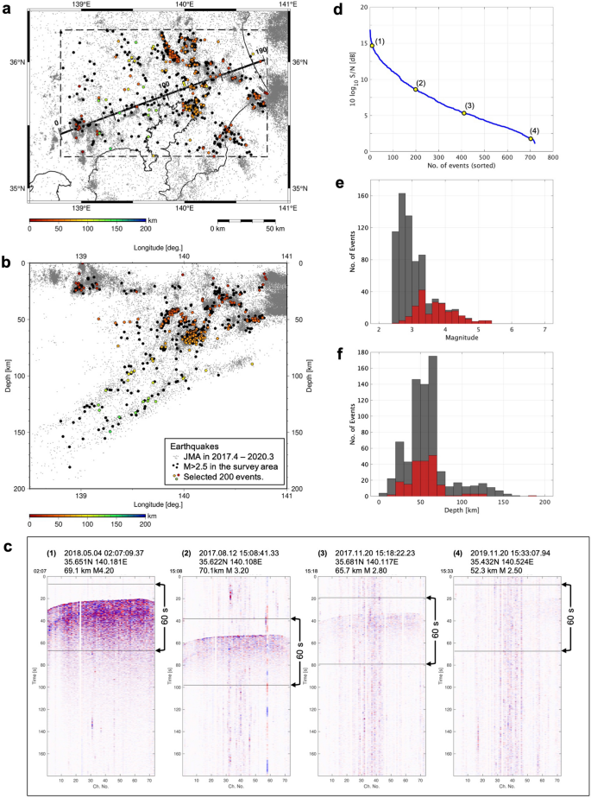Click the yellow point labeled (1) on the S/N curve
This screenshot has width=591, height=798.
[373, 46]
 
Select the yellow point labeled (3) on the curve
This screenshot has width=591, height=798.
[463, 113]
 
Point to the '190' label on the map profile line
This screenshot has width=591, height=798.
[262, 51]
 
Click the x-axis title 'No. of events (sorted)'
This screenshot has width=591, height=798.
[462, 169]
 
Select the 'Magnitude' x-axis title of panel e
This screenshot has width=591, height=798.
[462, 339]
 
